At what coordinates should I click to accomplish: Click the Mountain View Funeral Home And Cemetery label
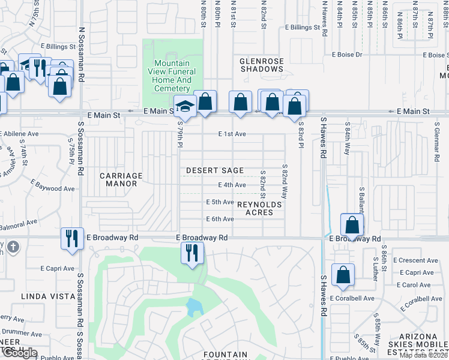[172, 76]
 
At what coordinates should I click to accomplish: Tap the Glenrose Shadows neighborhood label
[261, 65]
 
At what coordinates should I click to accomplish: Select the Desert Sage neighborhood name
[215, 171]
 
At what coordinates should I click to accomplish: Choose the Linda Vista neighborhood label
[42, 296]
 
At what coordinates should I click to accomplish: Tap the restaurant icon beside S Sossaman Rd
[71, 238]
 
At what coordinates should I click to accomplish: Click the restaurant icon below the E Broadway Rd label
[193, 252]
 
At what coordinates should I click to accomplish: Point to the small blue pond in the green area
[194, 308]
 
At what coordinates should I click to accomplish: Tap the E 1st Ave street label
[232, 134]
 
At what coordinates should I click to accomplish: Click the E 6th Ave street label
[220, 219]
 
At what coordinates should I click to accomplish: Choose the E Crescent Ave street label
[415, 260]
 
